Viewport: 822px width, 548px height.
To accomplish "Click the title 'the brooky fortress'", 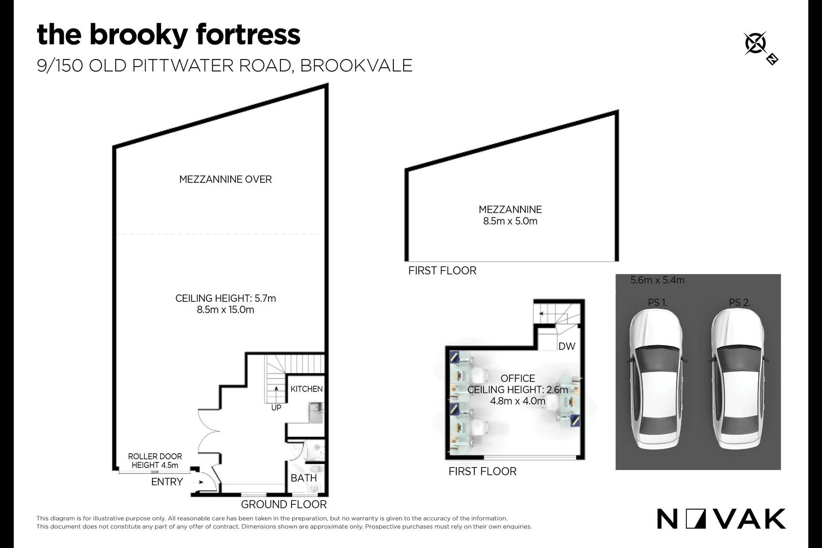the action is [x=169, y=35].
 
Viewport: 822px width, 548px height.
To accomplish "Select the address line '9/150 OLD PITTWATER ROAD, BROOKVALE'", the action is [x=224, y=66].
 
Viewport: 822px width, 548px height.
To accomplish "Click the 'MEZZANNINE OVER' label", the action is [x=226, y=179].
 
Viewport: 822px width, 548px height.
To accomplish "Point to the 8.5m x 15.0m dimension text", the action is [x=226, y=310].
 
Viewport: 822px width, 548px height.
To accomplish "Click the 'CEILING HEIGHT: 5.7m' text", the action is [x=226, y=298].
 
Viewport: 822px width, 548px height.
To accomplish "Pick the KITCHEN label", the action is [x=307, y=389].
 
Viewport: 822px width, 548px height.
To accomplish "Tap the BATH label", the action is [x=304, y=478].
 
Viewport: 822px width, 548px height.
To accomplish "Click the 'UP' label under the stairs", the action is [x=276, y=408].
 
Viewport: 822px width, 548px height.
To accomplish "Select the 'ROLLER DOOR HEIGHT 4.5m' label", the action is [x=155, y=461].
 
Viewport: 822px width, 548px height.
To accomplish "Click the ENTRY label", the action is [x=167, y=482].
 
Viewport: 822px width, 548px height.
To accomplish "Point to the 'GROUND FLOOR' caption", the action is [x=284, y=504].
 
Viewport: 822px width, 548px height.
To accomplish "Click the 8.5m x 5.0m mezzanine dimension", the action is [x=510, y=221].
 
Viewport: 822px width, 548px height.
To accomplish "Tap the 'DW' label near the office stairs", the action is [x=567, y=346].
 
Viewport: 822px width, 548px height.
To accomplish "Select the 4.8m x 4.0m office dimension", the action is [x=518, y=401].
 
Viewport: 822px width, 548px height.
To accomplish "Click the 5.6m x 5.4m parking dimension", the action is [x=658, y=280].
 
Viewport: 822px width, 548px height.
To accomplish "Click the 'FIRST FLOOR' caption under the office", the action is [x=482, y=471].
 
